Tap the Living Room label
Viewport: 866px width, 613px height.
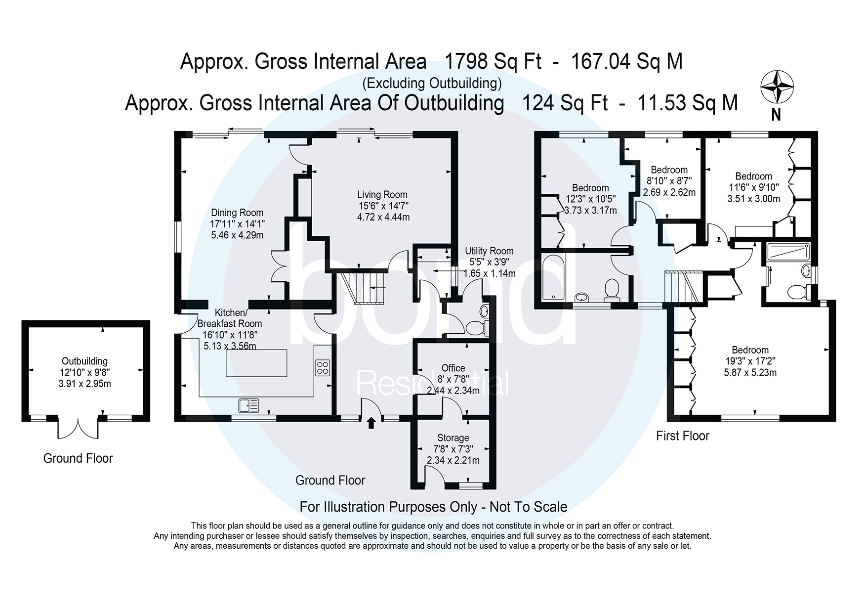tap(382, 195)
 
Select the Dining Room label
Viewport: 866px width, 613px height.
tap(237, 213)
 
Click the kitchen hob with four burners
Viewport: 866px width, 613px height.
tap(323, 368)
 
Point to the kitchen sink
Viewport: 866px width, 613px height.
tap(248, 406)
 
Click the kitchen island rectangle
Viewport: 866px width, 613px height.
tap(256, 363)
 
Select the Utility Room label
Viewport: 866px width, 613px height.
tap(489, 251)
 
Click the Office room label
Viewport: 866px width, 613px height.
tap(453, 368)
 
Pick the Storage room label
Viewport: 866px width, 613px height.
tap(453, 438)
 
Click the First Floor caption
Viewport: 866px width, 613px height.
tap(682, 436)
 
